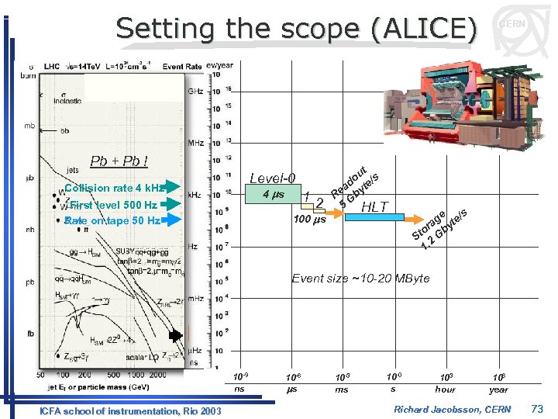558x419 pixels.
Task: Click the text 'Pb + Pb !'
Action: coord(119,161)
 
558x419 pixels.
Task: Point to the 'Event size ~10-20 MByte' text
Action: coord(360,278)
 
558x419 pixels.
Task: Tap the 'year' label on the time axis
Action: coord(499,390)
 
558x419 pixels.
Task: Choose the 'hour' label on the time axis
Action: coord(446,390)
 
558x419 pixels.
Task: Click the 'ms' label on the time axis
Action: coord(342,390)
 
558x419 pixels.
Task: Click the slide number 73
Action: coord(539,407)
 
